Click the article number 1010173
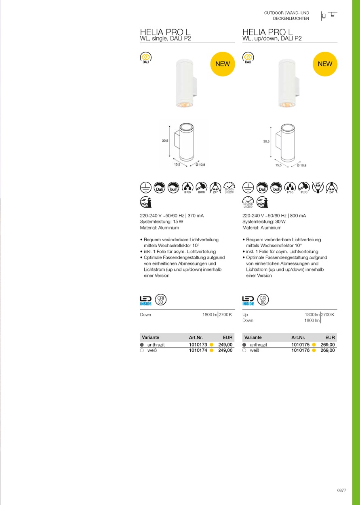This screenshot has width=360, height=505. coord(198,345)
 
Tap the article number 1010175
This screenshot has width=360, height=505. coord(300,345)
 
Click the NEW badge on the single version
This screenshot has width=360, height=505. coord(223,64)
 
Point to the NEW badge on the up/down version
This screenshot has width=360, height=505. coord(325,64)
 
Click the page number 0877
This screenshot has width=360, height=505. coord(342,490)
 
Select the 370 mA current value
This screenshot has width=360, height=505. coord(196,216)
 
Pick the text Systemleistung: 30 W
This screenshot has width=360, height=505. coord(264,222)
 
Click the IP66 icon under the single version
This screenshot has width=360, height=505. coord(187,187)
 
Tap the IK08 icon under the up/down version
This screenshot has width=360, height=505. coord(304,187)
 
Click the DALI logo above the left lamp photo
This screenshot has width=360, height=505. coord(145,58)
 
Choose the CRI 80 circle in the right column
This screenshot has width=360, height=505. coord(263,300)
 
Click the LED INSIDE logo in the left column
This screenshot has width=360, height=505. coord(146,300)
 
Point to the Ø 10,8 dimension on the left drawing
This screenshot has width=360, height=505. coord(200,165)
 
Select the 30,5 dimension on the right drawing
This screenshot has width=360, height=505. coord(266,141)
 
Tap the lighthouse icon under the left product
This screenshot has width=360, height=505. coord(146,202)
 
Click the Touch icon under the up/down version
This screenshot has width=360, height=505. coord(276,187)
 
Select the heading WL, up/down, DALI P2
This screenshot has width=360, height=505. coord(272,39)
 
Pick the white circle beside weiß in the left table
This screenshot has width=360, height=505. coord(142,351)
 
